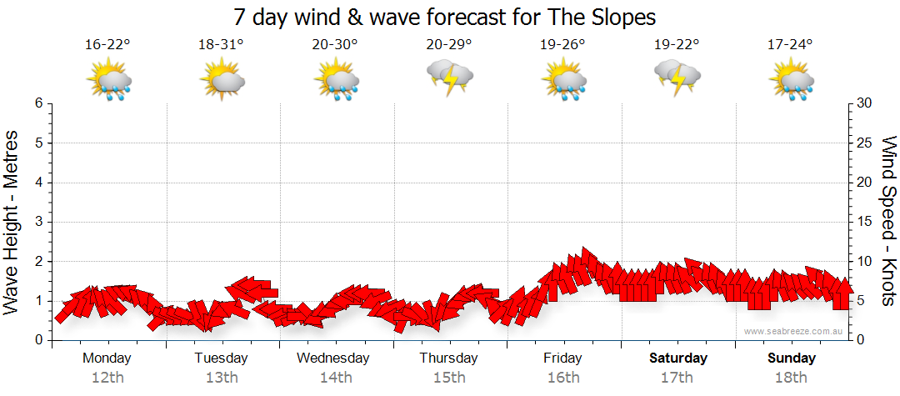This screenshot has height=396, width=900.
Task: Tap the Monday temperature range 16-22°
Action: (107, 44)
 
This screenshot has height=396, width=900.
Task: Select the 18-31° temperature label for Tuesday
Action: (221, 44)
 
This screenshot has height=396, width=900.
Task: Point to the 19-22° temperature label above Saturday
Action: (676, 44)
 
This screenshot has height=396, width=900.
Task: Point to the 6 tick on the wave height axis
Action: (38, 103)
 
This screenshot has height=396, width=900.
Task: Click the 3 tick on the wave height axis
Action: (38, 222)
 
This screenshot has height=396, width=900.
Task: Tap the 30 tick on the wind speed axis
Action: (864, 103)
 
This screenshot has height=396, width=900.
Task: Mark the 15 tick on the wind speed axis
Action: (864, 222)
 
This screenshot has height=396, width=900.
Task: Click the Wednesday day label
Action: (333, 358)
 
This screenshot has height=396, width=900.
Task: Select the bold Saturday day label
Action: (677, 358)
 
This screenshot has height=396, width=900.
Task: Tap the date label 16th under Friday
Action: (563, 378)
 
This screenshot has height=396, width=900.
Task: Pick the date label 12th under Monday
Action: (107, 378)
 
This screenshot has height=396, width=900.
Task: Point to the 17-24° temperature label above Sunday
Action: (790, 44)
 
